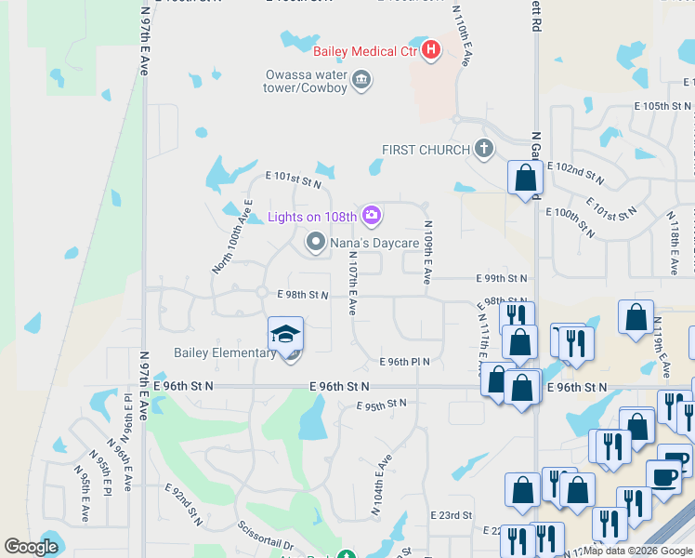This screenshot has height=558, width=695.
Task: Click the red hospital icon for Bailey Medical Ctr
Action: pos(430,50)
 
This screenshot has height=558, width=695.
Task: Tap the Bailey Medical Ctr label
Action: pos(365,50)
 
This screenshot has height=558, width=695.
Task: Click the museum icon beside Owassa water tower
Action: pos(362,81)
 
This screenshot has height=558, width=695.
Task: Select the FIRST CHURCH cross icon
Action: pos(483,149)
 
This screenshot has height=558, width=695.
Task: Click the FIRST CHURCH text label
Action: pos(426,150)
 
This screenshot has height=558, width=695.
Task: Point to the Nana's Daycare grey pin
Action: pos(316,243)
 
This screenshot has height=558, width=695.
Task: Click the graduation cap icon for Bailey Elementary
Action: pos(286,334)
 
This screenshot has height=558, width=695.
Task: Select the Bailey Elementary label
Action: pos(225,352)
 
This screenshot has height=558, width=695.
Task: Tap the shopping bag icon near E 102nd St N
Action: pos(525,177)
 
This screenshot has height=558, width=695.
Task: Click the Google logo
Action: pos(32,547)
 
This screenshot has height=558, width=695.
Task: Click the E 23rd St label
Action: pos(452,515)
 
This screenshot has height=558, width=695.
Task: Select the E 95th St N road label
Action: pos(382,404)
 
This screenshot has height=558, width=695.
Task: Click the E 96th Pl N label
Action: pos(403,362)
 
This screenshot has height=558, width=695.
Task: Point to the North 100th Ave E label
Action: pos(232,236)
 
